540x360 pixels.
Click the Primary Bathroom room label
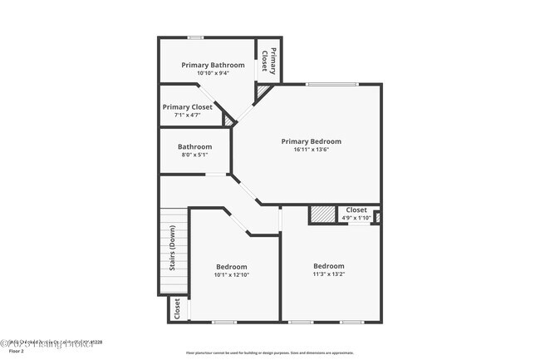click(x=213, y=65)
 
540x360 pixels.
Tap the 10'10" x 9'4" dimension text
click(x=213, y=73)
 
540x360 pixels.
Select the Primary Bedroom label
click(x=311, y=141)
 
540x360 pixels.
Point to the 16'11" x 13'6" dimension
click(x=311, y=150)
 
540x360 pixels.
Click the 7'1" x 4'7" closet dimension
click(x=187, y=115)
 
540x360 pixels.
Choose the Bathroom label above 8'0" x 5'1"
click(x=195, y=146)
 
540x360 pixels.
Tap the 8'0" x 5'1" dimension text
click(x=195, y=155)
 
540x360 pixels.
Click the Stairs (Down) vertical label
click(x=173, y=249)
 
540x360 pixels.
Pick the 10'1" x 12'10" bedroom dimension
click(x=232, y=275)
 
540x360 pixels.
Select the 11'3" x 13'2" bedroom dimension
click(x=328, y=274)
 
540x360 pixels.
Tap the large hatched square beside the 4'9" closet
click(x=322, y=214)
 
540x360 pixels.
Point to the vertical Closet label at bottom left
click(x=177, y=308)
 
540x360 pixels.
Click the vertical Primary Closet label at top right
click(x=268, y=60)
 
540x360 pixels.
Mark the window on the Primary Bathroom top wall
click(x=195, y=37)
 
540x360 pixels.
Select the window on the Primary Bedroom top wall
click(x=331, y=83)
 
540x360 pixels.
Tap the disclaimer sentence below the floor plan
click(x=269, y=352)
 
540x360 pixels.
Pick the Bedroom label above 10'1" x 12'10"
click(x=232, y=267)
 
